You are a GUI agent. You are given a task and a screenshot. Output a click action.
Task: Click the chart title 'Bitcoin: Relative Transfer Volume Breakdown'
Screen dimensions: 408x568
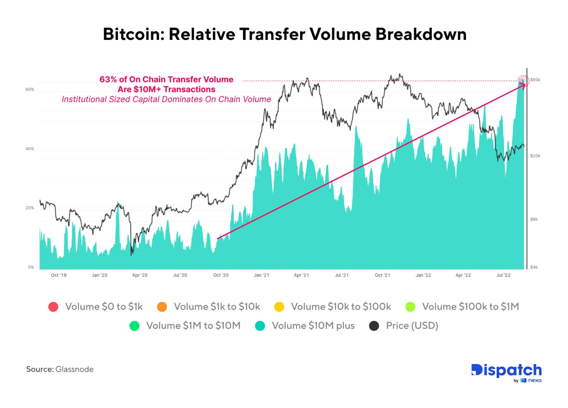[x=284, y=34]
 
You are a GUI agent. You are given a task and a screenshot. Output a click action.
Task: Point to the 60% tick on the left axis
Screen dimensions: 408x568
[x=30, y=89]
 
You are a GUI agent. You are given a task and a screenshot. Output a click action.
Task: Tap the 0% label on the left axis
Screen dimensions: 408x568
[x=31, y=267]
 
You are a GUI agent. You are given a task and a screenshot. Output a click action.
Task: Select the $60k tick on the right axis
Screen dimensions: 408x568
[x=535, y=80]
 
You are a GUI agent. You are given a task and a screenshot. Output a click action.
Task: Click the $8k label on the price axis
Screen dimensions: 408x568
[x=534, y=219]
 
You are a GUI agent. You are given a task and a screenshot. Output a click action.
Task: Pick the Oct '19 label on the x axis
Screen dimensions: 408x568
[x=59, y=275]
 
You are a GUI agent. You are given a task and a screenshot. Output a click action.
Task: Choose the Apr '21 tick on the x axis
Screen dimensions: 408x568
[x=301, y=275]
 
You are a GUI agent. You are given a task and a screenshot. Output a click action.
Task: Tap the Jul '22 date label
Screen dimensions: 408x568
[x=504, y=275]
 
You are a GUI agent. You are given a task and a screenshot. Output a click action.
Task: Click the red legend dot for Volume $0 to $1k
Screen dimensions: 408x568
[x=53, y=307]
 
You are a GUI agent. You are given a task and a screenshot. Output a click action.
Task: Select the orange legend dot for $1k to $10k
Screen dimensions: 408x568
[x=162, y=307]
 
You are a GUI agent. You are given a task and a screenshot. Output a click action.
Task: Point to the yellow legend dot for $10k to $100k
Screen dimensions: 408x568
[x=279, y=307]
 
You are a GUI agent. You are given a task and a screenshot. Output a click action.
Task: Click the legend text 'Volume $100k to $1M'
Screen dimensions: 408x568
[x=470, y=307]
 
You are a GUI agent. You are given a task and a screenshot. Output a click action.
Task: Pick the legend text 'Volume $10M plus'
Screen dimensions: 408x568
[x=313, y=326]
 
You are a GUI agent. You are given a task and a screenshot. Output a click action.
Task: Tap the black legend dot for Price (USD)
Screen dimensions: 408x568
[x=374, y=326]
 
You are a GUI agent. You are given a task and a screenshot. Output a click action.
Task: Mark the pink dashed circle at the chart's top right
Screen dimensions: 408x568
[x=523, y=81]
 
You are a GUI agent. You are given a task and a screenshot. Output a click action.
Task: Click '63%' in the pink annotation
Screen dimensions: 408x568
[x=108, y=79]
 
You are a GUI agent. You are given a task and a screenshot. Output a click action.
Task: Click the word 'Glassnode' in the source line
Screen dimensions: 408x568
[x=74, y=369]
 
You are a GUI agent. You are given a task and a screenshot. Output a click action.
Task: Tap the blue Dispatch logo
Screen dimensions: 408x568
[x=506, y=371]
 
